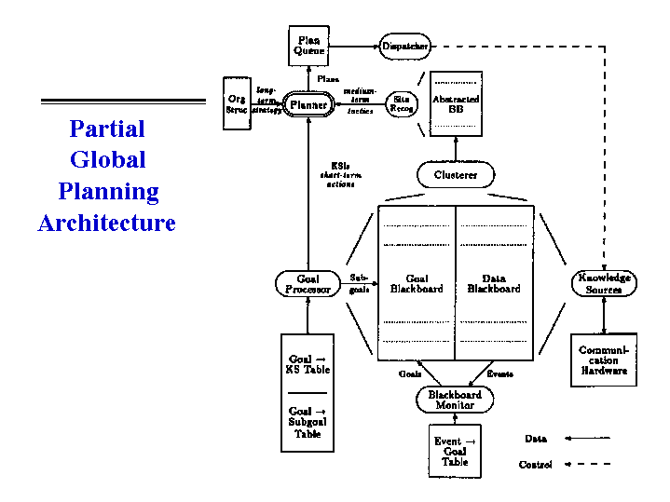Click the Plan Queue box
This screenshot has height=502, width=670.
click(x=309, y=46)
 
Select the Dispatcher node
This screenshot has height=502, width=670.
click(x=405, y=46)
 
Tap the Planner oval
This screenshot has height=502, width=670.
click(x=308, y=105)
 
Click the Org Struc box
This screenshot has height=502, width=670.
click(x=237, y=104)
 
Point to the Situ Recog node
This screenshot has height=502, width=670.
click(x=402, y=103)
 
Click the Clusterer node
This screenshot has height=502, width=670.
click(x=456, y=174)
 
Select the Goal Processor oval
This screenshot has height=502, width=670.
click(x=308, y=284)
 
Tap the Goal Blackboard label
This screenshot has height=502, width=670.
click(x=417, y=283)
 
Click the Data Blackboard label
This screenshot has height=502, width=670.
click(x=494, y=283)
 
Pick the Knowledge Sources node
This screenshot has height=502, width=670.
click(x=604, y=283)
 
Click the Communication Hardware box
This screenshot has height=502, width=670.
click(x=604, y=360)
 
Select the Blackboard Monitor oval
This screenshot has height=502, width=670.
click(x=455, y=400)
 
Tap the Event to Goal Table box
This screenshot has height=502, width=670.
click(x=455, y=452)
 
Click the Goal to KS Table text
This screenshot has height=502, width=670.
click(x=308, y=364)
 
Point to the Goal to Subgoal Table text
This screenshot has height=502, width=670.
click(x=308, y=421)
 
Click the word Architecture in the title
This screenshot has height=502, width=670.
click(x=106, y=224)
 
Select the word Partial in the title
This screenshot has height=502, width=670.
click(x=107, y=129)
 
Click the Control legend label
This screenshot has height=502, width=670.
click(x=536, y=464)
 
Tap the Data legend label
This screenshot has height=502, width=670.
click(x=536, y=438)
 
